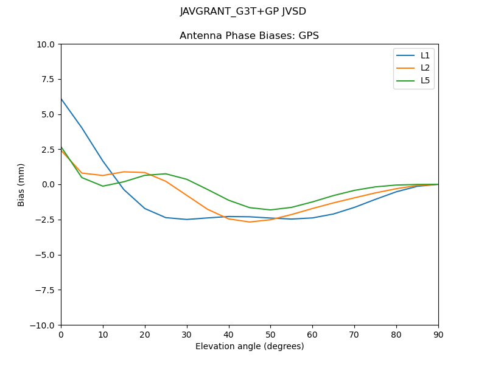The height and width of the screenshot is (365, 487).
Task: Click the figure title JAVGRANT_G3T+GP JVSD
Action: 243,12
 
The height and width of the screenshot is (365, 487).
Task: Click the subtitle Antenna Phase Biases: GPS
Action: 249,36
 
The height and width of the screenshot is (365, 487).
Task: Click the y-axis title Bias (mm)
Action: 21,184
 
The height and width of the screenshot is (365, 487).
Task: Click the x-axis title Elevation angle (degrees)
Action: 249,347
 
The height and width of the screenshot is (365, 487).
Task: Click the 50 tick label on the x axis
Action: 270,334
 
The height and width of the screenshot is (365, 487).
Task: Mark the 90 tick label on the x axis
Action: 438,334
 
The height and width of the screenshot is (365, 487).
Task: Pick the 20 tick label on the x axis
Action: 144,334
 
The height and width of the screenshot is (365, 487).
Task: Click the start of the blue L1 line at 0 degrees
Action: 61,99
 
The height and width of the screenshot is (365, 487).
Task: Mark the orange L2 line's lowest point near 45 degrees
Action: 250,222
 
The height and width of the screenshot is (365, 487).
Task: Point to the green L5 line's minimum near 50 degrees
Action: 270,210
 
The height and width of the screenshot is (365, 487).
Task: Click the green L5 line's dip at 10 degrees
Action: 103,186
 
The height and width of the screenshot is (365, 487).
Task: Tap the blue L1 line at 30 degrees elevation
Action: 187,220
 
